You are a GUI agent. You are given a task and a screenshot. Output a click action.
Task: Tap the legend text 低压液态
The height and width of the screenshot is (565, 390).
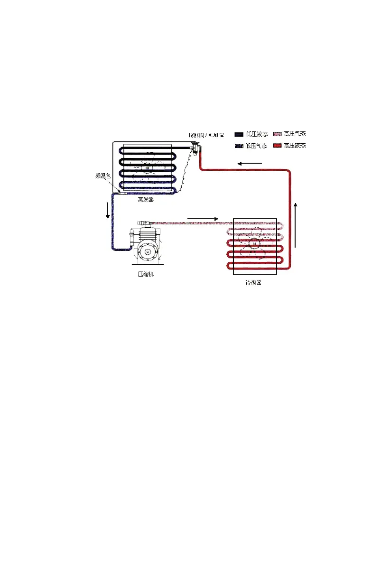click(x=256, y=135)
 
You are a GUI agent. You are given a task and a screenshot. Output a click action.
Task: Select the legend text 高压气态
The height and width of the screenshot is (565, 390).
click(x=295, y=135)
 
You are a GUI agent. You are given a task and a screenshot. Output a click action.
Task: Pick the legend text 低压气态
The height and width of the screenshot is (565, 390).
click(x=256, y=146)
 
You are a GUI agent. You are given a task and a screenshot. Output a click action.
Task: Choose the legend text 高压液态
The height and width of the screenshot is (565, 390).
click(x=295, y=146)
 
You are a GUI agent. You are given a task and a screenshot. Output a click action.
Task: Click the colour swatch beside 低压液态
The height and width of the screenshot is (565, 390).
click(x=239, y=135)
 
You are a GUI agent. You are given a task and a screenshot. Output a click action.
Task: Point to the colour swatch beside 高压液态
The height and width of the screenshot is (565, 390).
click(x=277, y=146)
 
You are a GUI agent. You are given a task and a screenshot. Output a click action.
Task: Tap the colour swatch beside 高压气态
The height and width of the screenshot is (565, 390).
click(x=277, y=135)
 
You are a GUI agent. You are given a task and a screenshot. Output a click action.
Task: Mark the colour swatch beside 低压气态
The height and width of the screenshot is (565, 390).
click(x=239, y=146)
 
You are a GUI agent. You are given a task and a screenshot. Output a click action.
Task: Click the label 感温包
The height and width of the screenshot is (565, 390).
click(x=102, y=176)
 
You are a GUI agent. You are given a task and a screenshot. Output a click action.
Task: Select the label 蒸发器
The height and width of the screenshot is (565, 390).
click(x=146, y=200)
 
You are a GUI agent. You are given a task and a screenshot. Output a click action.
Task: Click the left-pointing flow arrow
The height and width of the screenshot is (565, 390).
click(x=250, y=164)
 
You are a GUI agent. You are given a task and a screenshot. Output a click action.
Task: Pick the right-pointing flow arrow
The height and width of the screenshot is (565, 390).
click(x=203, y=219)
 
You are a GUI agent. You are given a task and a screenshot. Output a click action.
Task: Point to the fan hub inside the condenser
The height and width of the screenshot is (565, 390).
click(x=254, y=244)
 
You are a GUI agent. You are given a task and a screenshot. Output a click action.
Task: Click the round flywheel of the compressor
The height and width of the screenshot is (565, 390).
click(x=149, y=251)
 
